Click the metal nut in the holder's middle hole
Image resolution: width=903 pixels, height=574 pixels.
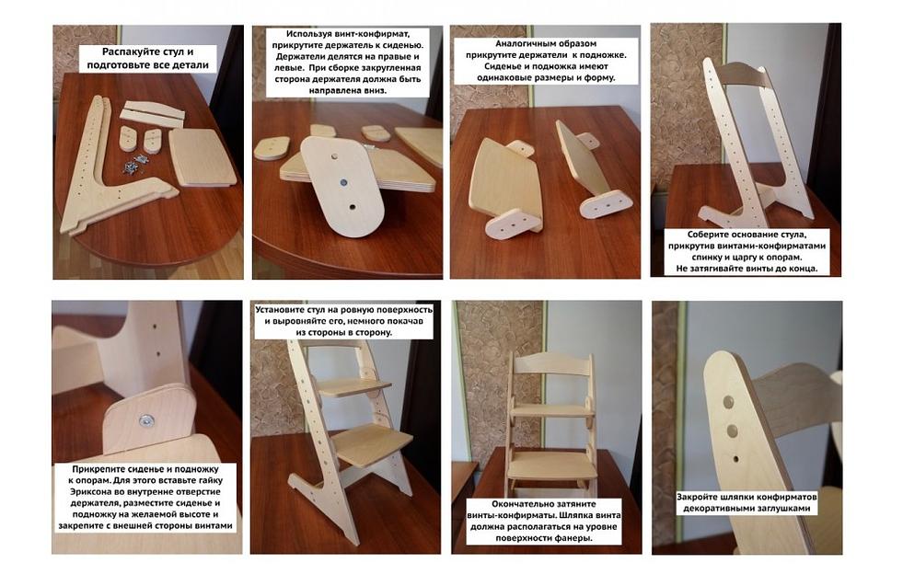(x=343, y=182)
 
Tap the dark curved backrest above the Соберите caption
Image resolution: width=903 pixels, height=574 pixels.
(x=742, y=75)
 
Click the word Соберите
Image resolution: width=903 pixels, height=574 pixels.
(x=710, y=235)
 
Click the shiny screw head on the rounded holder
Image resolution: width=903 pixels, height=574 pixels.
(x=146, y=421)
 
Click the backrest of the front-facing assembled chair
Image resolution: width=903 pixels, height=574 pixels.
(x=552, y=364)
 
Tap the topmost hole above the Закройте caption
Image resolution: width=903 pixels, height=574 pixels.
(x=729, y=402)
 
